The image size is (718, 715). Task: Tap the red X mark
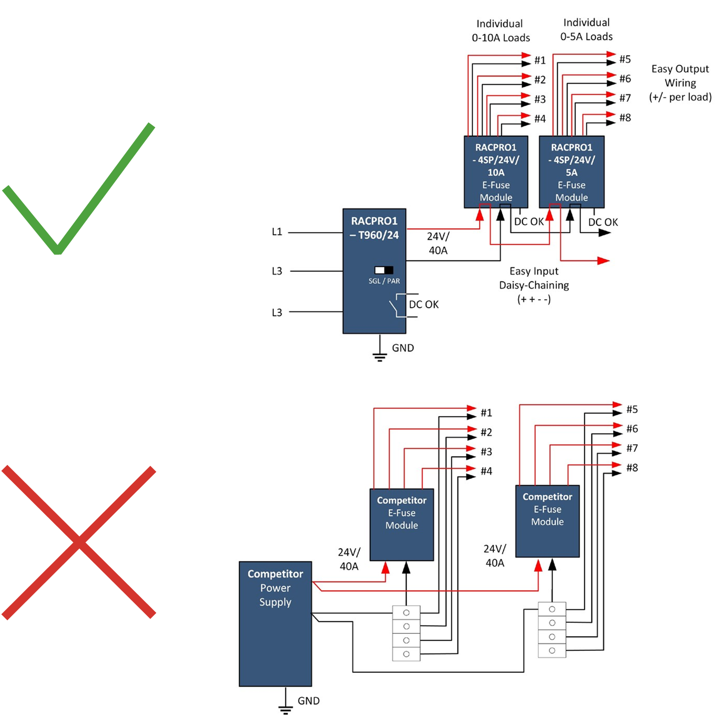pyautogui.click(x=79, y=542)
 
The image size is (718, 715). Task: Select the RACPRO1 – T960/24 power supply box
pyautogui.click(x=374, y=270)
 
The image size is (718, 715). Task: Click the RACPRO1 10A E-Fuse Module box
pyautogui.click(x=496, y=172)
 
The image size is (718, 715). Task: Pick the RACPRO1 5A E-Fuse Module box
pyautogui.click(x=571, y=172)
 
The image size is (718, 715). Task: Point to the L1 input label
pyautogui.click(x=277, y=232)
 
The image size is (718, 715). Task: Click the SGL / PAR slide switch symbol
pyautogui.click(x=384, y=270)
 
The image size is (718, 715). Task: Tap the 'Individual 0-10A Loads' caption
pyautogui.click(x=500, y=31)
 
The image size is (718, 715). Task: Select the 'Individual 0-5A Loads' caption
pyautogui.click(x=587, y=29)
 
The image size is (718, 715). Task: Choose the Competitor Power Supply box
pyautogui.click(x=275, y=623)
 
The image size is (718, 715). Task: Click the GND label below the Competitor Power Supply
pyautogui.click(x=308, y=701)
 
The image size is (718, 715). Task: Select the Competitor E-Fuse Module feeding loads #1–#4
pyautogui.click(x=401, y=524)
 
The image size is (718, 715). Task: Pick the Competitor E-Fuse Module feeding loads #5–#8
pyautogui.click(x=547, y=521)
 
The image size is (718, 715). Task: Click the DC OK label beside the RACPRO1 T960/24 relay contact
pyautogui.click(x=424, y=305)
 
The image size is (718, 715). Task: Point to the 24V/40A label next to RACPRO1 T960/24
pyautogui.click(x=438, y=243)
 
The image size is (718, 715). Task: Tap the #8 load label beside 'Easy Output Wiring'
pyautogui.click(x=625, y=118)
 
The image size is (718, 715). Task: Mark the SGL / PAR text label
pyautogui.click(x=384, y=281)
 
